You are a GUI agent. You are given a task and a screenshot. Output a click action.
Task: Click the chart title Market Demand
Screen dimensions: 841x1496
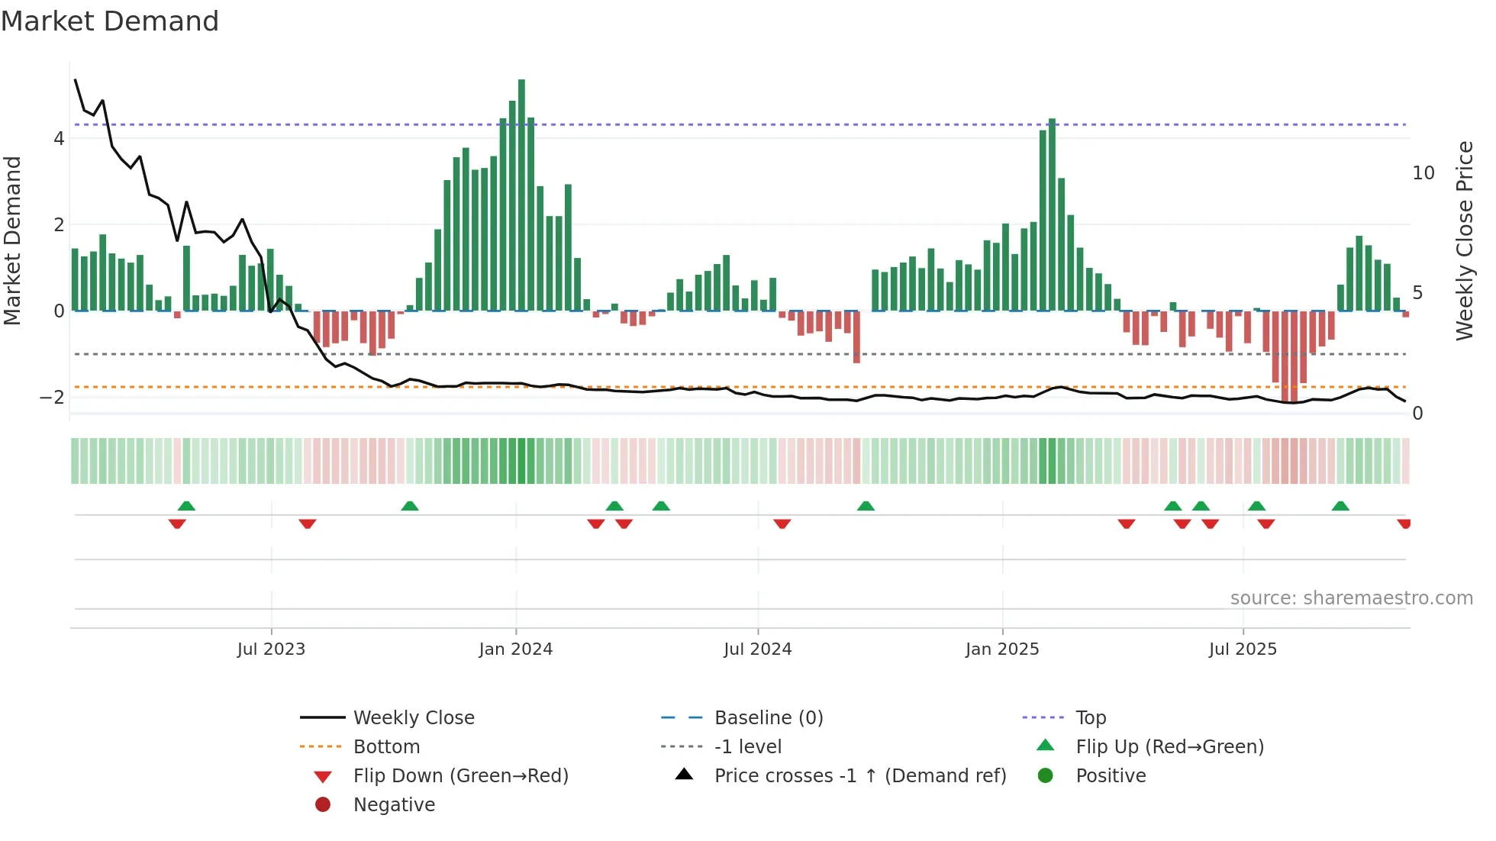pyautogui.click(x=110, y=21)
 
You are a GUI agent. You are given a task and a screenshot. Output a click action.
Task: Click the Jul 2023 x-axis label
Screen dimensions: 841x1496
pyautogui.click(x=271, y=649)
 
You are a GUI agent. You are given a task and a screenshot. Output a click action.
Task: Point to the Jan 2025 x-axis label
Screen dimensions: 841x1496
pyautogui.click(x=1001, y=649)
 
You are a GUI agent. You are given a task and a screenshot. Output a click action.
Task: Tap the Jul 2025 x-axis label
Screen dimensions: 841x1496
pyautogui.click(x=1243, y=649)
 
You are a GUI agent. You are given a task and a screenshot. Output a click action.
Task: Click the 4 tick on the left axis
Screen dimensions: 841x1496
pyautogui.click(x=59, y=139)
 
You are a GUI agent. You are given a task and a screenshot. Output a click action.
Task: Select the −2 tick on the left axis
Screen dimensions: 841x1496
pyautogui.click(x=53, y=398)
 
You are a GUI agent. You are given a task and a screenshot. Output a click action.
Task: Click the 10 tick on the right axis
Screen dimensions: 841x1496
pyautogui.click(x=1423, y=173)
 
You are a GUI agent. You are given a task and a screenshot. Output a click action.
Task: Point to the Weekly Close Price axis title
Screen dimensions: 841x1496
pyautogui.click(x=1464, y=240)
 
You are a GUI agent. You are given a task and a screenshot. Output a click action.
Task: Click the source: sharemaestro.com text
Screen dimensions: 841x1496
pyautogui.click(x=1351, y=598)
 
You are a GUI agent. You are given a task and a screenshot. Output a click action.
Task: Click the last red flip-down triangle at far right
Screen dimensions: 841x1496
pyautogui.click(x=1404, y=524)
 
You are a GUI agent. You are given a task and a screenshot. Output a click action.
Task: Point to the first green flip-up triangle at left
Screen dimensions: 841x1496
pyautogui.click(x=186, y=506)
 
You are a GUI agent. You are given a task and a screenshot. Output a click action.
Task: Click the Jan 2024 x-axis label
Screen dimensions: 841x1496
pyautogui.click(x=515, y=649)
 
